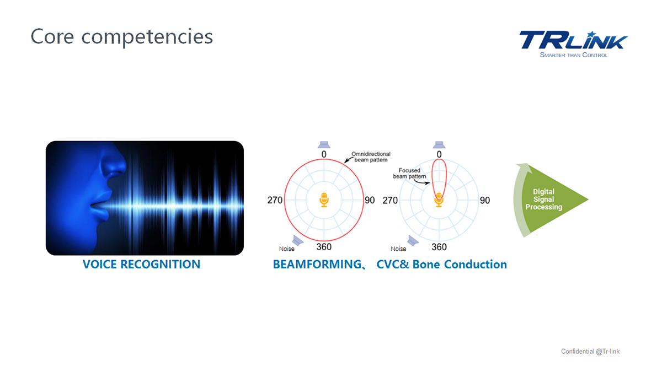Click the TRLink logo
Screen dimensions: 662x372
pos(573,44)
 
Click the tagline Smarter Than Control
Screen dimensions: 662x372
pos(574,55)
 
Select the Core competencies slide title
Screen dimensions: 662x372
pos(122,36)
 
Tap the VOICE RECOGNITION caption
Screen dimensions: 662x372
pos(141,264)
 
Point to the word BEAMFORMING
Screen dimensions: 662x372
pos(317,264)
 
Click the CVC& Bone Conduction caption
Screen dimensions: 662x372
pos(441,264)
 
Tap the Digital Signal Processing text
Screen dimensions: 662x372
pos(544,200)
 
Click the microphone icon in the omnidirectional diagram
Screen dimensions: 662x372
pos(324,200)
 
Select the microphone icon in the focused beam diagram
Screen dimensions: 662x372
pos(439,200)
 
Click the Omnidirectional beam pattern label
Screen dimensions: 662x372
pos(371,157)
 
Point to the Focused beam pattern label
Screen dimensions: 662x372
pos(409,173)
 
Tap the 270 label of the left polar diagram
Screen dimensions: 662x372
pos(275,200)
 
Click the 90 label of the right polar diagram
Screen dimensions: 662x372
pos(485,201)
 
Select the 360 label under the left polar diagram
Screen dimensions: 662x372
pos(324,247)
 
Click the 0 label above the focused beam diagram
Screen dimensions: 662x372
pos(439,154)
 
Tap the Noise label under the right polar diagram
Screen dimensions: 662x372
pos(398,249)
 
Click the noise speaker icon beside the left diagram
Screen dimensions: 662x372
pos(297,240)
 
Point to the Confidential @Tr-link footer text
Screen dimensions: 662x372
pos(590,352)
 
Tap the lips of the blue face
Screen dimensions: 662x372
pos(100,204)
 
